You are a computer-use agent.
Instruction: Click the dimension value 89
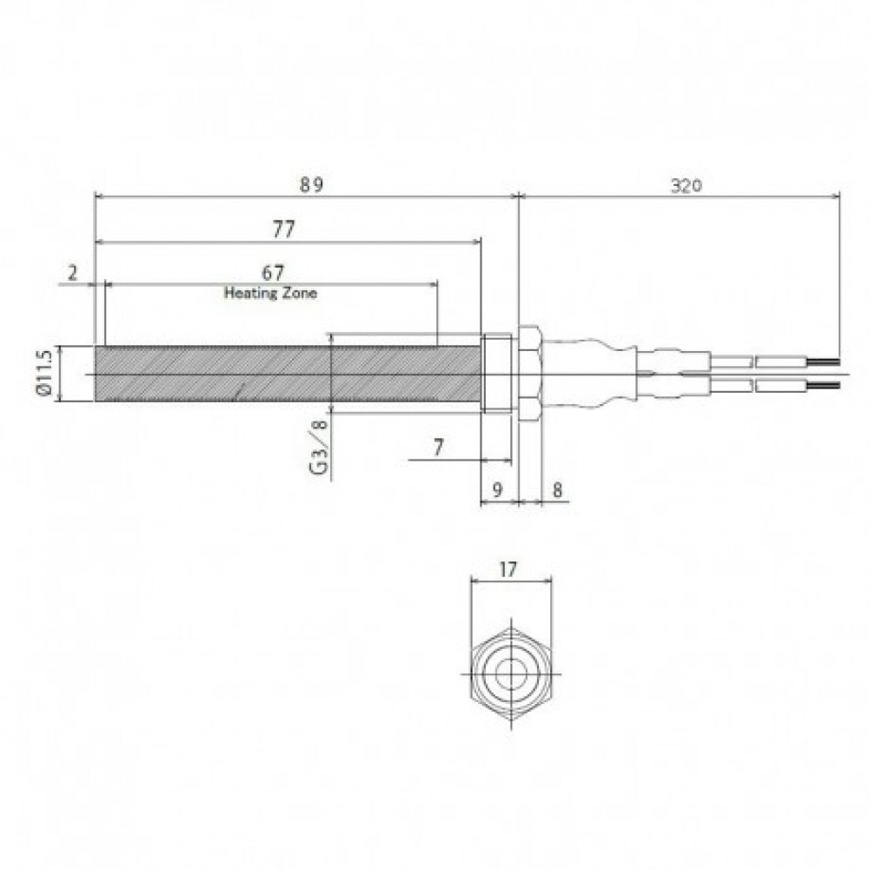311,184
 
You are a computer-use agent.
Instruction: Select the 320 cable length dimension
687,186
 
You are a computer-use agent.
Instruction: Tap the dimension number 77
284,229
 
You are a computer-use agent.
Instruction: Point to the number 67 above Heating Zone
273,273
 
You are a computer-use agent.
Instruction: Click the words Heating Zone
270,293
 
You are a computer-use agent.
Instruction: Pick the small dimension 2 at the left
73,273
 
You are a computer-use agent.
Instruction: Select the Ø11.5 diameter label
43,373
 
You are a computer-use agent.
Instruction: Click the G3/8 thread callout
319,447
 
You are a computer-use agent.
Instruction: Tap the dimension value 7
438,448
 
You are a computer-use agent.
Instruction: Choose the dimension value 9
497,489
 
